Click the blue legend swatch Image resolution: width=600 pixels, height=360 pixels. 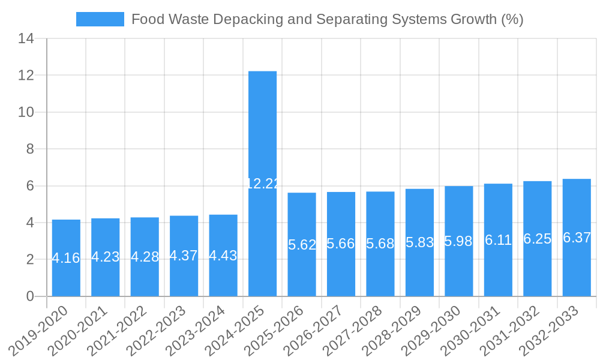(100, 19)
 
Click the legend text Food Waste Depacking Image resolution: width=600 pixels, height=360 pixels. (327, 19)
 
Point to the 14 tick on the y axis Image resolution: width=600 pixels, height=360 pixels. (26, 39)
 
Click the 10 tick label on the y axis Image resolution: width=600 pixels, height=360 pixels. (26, 112)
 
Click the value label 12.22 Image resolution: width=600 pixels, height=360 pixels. (263, 184)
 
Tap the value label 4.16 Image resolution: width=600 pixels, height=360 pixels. (66, 258)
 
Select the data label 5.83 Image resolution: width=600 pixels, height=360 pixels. (419, 242)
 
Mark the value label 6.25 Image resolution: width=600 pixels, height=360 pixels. (537, 239)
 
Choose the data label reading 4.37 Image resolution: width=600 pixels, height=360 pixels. (184, 255)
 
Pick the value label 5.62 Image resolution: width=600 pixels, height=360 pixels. (302, 244)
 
